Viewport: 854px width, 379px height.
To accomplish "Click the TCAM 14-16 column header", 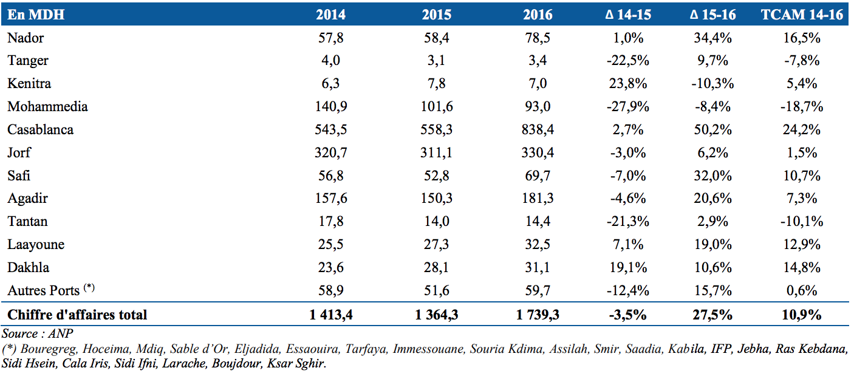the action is tap(802, 15).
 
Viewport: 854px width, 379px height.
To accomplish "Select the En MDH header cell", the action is tap(36, 15).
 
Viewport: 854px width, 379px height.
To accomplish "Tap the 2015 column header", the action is tap(437, 15).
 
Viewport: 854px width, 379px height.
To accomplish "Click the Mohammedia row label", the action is tap(47, 106).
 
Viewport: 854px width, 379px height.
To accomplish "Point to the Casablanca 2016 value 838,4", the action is tap(538, 129).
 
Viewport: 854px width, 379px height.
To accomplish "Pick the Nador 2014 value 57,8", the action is tap(331, 38).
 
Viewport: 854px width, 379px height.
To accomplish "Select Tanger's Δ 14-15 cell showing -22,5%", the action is tap(628, 61).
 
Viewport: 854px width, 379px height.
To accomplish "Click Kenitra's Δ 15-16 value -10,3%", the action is tap(712, 83).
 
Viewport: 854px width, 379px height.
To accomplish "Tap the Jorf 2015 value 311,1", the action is tap(437, 152).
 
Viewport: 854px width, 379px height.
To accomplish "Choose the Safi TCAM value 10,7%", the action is tap(802, 176).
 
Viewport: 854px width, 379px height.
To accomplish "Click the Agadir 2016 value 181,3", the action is tap(538, 198).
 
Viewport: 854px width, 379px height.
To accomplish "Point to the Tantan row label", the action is tap(27, 221).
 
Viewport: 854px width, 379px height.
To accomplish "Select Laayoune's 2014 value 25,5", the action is tap(331, 244).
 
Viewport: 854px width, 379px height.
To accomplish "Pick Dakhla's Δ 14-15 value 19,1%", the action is tap(628, 267).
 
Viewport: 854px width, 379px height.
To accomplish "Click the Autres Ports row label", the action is tap(51, 290).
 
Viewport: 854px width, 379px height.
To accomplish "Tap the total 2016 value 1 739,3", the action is tap(538, 315).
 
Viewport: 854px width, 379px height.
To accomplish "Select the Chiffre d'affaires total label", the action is tap(77, 315).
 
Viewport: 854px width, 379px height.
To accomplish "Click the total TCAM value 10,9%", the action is tap(802, 315).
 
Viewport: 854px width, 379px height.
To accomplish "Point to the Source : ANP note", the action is tap(37, 333).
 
